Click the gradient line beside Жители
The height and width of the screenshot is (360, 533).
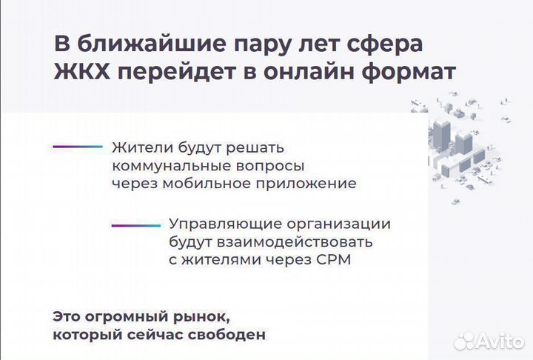pyautogui.click(x=77, y=147)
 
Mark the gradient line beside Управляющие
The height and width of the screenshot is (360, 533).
pyautogui.click(x=135, y=224)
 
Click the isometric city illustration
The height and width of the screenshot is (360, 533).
pyautogui.click(x=466, y=141)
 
